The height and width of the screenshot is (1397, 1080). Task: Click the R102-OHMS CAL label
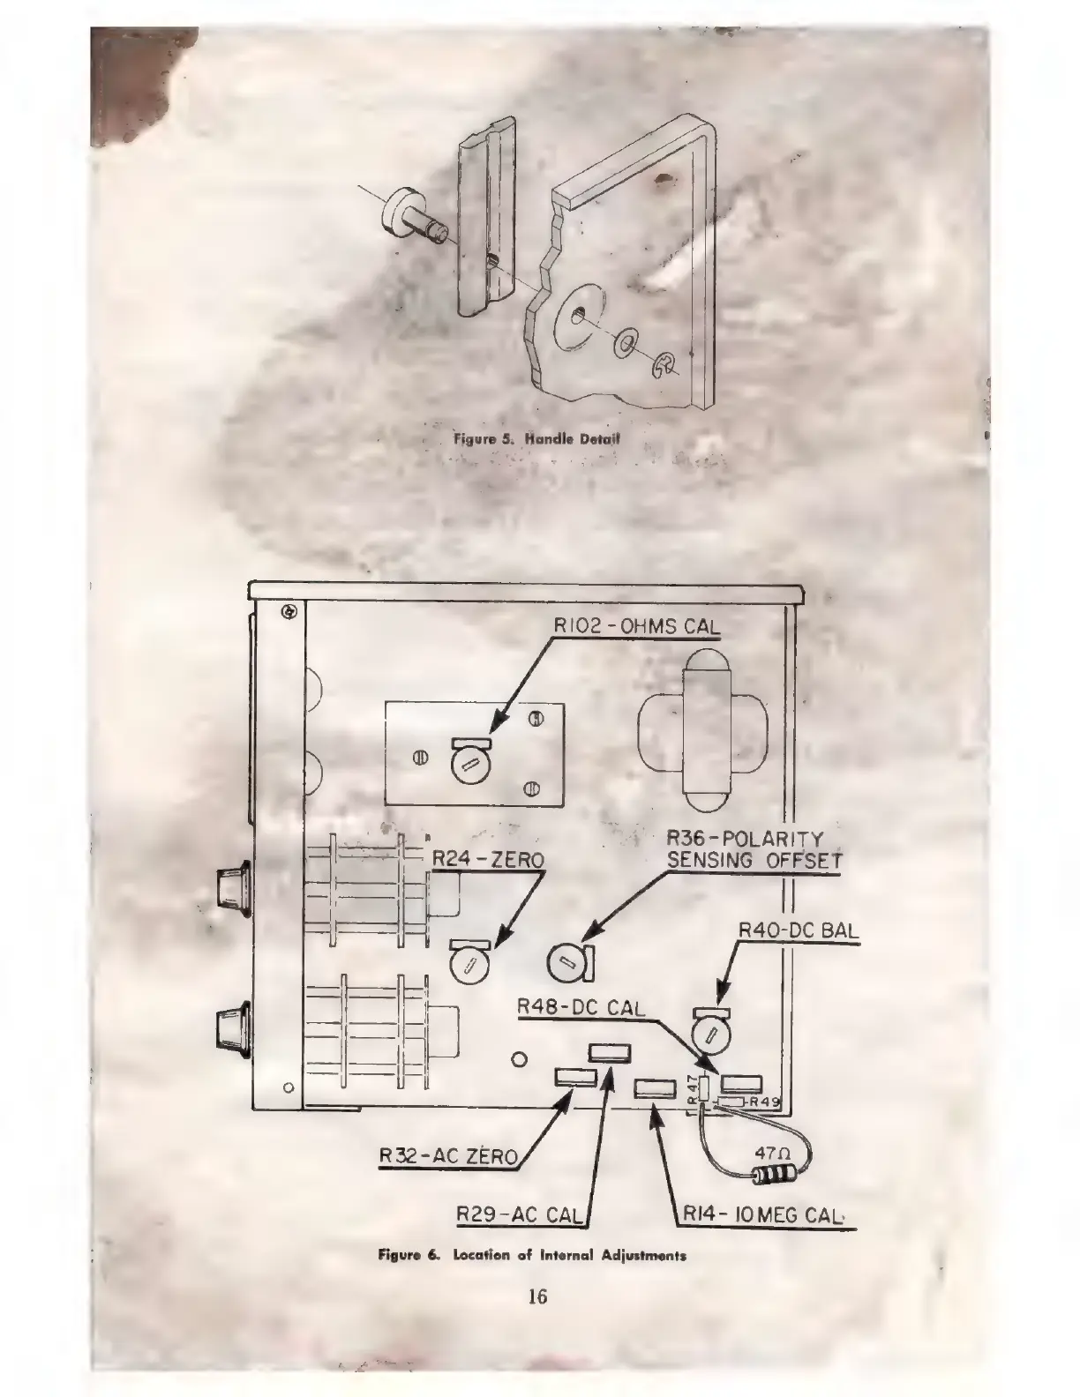coord(635,625)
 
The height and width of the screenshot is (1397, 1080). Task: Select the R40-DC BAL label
coord(798,930)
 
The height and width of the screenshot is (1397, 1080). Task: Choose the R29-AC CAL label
coord(519,1215)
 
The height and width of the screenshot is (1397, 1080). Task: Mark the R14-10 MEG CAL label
coord(765,1215)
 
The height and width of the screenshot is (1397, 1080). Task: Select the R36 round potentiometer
coord(565,960)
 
